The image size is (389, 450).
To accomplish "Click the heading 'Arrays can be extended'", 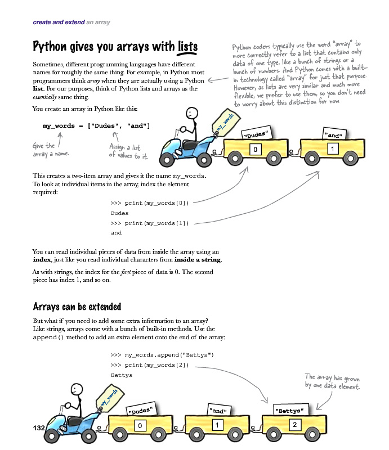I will click(77, 307).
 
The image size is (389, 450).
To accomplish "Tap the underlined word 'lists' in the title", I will click(187, 46).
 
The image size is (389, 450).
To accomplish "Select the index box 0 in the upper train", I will click(256, 150).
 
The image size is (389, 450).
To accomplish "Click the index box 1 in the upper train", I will click(333, 148).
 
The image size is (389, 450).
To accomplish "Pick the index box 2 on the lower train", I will click(295, 424).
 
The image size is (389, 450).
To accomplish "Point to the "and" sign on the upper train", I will click(334, 134).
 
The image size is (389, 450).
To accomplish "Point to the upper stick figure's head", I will click(193, 113).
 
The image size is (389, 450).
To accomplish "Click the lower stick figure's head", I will click(77, 388).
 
